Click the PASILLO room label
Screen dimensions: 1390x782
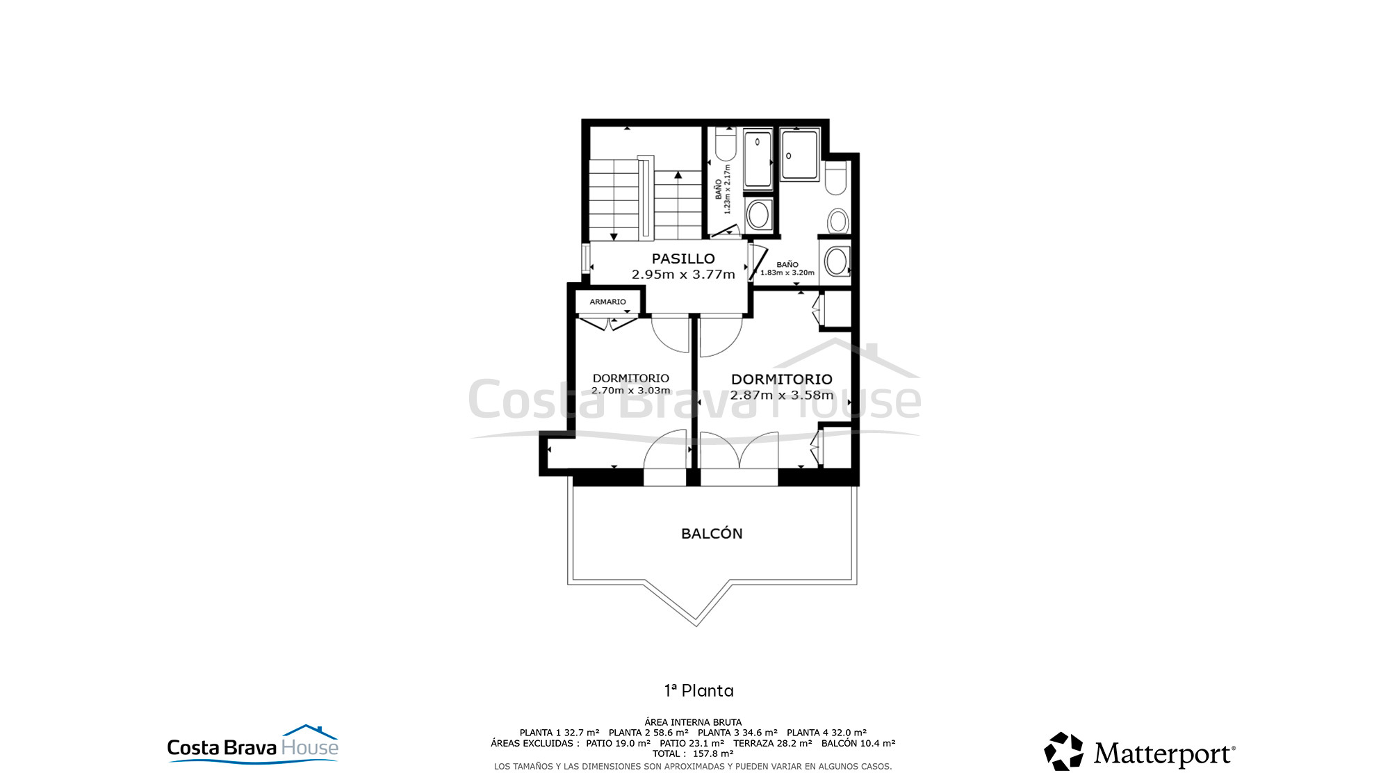click(683, 259)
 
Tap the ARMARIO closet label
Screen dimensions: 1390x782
click(607, 302)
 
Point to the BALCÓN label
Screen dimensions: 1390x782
click(712, 533)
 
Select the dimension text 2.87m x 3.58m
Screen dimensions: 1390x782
click(781, 395)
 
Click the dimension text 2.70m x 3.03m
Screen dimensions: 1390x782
click(631, 391)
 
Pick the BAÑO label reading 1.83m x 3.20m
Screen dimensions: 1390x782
click(787, 268)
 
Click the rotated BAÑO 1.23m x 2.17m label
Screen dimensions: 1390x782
click(723, 189)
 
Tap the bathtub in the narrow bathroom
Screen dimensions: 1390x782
click(758, 161)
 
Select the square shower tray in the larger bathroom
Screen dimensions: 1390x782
click(800, 154)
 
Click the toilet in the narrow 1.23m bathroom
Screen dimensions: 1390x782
click(726, 145)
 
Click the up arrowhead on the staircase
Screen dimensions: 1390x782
click(678, 174)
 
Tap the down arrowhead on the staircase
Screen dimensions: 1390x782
click(614, 237)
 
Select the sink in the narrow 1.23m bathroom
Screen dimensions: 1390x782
click(758, 215)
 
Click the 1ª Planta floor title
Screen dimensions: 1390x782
click(699, 690)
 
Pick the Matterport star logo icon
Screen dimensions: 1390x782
click(1063, 751)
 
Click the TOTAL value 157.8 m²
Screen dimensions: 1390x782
click(713, 754)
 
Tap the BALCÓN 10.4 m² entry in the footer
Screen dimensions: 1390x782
click(858, 743)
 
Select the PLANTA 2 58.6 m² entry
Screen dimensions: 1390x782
click(648, 733)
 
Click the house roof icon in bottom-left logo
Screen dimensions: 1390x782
click(310, 731)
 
